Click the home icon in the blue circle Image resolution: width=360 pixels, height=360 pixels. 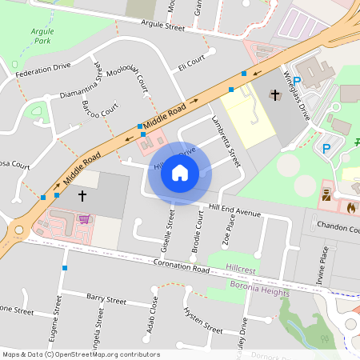180,173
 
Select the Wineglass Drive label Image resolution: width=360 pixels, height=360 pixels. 296,94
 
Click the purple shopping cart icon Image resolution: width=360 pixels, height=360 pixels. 83,218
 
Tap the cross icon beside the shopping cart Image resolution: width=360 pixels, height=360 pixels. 82,195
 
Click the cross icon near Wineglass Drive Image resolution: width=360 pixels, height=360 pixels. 274,95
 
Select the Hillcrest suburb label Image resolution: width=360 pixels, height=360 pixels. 241,270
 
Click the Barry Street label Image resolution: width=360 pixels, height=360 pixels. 106,300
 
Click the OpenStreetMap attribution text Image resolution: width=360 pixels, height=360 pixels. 80,354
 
